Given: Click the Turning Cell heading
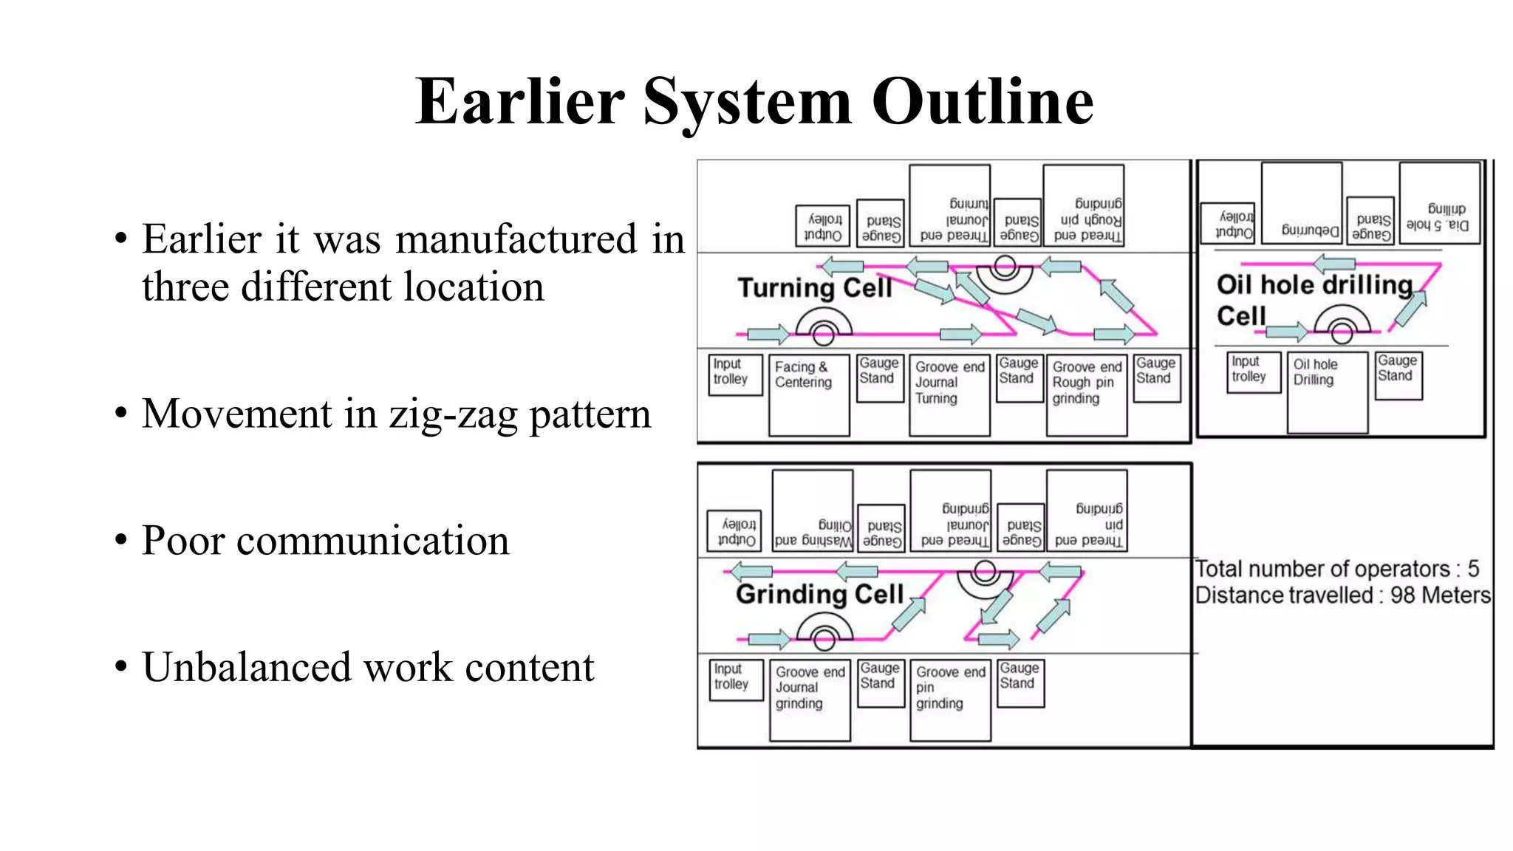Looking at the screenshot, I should coord(815,287).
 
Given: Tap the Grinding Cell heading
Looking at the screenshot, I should coord(819,594).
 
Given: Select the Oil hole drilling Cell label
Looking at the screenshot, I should coord(1314,298).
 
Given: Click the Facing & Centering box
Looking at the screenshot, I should coord(808,395).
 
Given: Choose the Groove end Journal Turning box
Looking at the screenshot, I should coord(949,395).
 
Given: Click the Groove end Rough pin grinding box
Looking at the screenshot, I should coord(1086,395).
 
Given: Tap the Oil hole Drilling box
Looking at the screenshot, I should coord(1327,392).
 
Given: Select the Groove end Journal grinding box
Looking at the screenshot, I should coord(810,700).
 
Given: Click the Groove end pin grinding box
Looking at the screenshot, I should coord(950,700).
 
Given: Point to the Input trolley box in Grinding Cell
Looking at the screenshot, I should coord(736,679).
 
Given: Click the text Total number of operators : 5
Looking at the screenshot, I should coord(1336,569).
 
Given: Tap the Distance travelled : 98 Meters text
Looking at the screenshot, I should coord(1342,595).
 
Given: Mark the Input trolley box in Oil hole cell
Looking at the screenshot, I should coord(1254,372).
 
